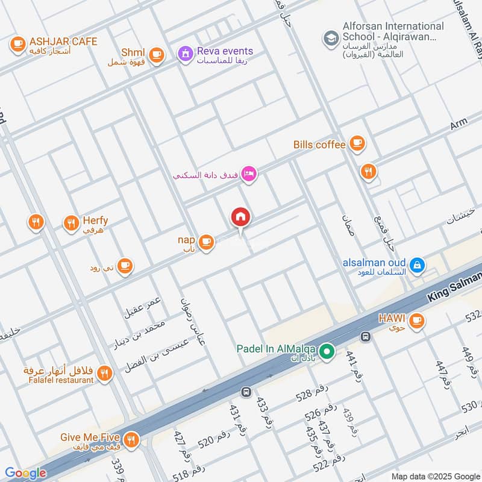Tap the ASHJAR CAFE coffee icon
(17, 43)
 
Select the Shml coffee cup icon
(157, 55)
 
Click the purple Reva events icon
(184, 55)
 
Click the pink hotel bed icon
(249, 175)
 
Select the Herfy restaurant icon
(71, 224)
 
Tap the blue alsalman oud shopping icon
(416, 264)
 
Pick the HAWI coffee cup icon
(416, 322)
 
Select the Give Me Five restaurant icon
(131, 439)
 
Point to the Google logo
(25, 473)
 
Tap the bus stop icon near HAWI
(365, 336)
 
